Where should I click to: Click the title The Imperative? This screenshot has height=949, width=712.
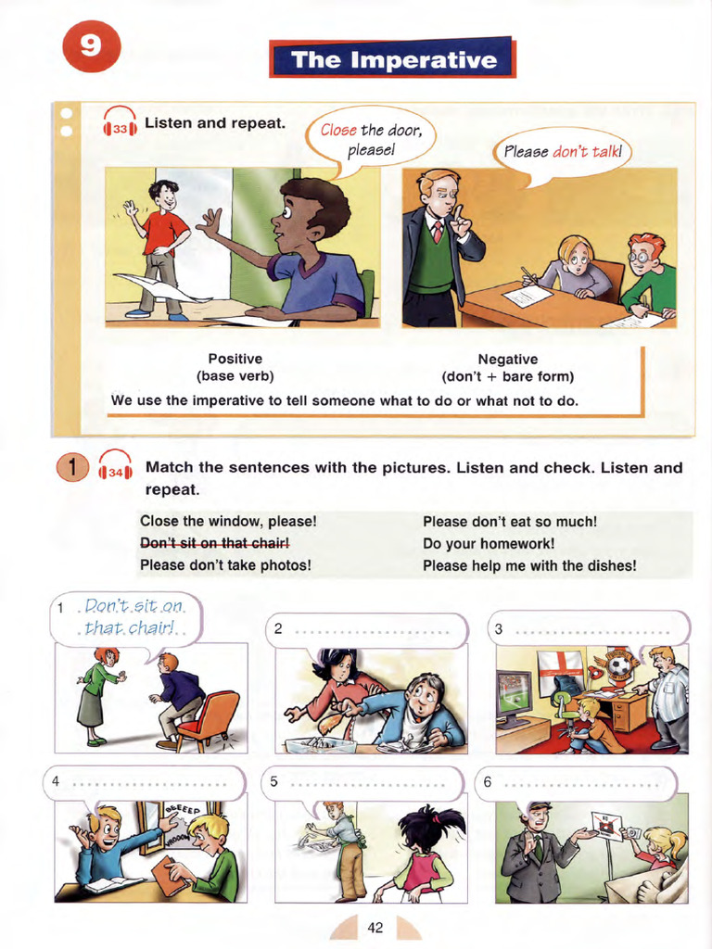click(392, 60)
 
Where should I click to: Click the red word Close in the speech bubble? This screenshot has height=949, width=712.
click(339, 130)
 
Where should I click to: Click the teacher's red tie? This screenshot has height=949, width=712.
click(437, 231)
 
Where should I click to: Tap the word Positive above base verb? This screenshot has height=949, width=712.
click(235, 359)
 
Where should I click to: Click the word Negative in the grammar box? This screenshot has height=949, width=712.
click(507, 360)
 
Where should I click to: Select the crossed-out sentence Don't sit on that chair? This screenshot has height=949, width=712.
click(215, 542)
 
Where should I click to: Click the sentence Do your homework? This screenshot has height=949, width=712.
click(489, 543)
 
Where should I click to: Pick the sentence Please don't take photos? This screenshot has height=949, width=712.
click(225, 564)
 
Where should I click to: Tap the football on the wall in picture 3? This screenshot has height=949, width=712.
click(618, 665)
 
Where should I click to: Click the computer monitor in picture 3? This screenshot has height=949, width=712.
click(514, 693)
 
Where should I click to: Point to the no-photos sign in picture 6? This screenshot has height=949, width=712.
click(606, 825)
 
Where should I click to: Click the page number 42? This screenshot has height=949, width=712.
click(375, 927)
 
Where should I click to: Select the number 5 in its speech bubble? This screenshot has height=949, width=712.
click(274, 781)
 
